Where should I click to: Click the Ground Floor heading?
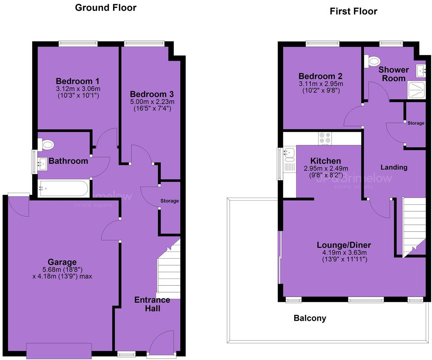(x=106, y=8)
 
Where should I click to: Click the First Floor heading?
(x=353, y=11)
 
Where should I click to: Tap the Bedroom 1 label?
(x=77, y=81)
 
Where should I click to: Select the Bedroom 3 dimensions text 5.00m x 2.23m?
(x=152, y=102)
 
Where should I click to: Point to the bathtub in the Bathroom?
(x=63, y=189)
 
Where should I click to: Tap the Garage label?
(x=62, y=262)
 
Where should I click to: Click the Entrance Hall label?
(x=152, y=304)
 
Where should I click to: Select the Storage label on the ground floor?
(x=169, y=201)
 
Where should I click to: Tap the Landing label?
(x=394, y=167)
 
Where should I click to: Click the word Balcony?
(x=310, y=318)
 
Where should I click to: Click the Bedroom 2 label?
(x=320, y=76)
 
